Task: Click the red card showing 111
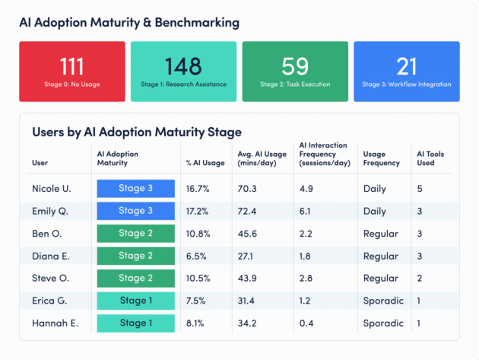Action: [71, 70]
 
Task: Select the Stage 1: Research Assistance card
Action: [183, 70]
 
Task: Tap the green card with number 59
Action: [295, 70]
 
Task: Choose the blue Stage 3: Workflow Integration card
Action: [407, 70]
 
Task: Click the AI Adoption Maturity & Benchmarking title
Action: [129, 23]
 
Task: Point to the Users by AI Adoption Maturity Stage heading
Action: [137, 132]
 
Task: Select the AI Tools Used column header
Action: [430, 158]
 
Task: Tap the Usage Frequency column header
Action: [381, 158]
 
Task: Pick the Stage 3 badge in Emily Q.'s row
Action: [136, 211]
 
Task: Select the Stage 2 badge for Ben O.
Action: [136, 234]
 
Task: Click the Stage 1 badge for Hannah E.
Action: [136, 323]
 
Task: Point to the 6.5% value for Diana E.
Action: [197, 256]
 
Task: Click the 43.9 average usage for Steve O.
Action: [248, 279]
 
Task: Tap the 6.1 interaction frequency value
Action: [307, 211]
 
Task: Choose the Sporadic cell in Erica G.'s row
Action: [383, 301]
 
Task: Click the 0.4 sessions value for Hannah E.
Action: [307, 323]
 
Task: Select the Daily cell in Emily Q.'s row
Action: [375, 211]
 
